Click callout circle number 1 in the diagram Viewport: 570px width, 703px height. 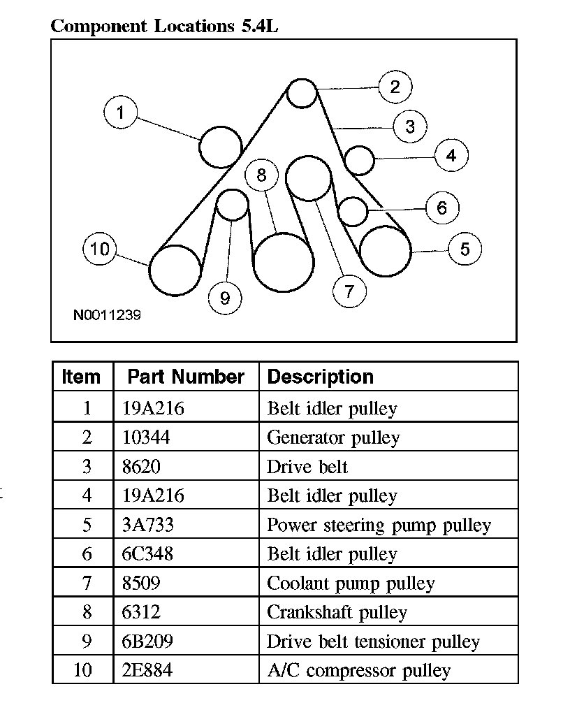tap(121, 113)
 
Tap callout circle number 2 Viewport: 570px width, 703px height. tap(395, 87)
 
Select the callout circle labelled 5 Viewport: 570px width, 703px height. tap(465, 249)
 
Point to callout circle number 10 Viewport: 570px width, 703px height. tap(100, 249)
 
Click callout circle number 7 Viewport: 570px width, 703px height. tap(350, 291)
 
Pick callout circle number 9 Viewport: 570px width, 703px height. tap(225, 298)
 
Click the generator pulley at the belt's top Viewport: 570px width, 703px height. tap(302, 93)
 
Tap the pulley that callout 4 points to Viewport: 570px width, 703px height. tap(360, 160)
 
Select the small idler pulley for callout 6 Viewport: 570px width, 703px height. tap(353, 211)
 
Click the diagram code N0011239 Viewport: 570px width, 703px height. tap(107, 315)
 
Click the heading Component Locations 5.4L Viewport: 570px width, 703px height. tap(166, 27)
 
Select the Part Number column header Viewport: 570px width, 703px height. tap(186, 377)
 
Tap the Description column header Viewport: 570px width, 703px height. tap(321, 377)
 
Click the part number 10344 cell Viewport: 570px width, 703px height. tap(146, 438)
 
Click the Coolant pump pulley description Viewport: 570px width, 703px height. tap(351, 584)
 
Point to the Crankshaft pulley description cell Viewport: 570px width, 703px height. tap(337, 613)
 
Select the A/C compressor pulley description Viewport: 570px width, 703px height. tap(358, 671)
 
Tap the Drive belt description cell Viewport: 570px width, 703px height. tap(307, 467)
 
